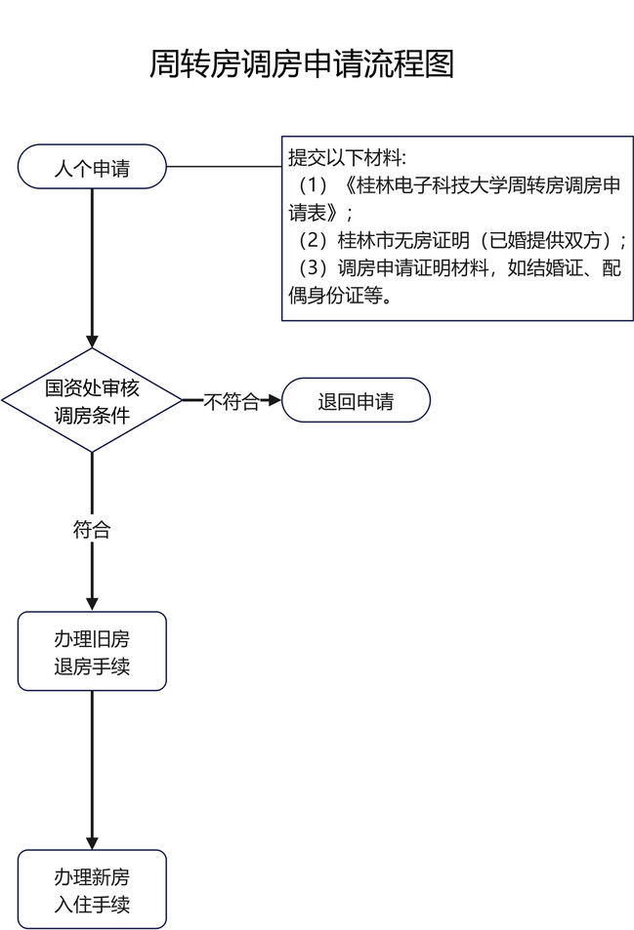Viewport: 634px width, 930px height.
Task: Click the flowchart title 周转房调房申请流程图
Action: (302, 64)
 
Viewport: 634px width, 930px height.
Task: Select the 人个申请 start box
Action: (92, 168)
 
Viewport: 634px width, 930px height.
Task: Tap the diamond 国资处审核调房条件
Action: (92, 400)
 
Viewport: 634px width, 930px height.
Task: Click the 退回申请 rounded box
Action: (356, 400)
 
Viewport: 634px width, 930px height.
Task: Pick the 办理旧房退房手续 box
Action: (92, 652)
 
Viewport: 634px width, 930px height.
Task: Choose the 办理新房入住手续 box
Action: (92, 889)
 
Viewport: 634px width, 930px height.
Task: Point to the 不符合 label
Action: (232, 401)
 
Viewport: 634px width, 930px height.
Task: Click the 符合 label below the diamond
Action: (92, 530)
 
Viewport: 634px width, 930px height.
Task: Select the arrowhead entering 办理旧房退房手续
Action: (92, 603)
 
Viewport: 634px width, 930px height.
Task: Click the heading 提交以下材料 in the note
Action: (346, 158)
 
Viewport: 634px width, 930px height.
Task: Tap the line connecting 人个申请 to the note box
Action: (225, 168)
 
